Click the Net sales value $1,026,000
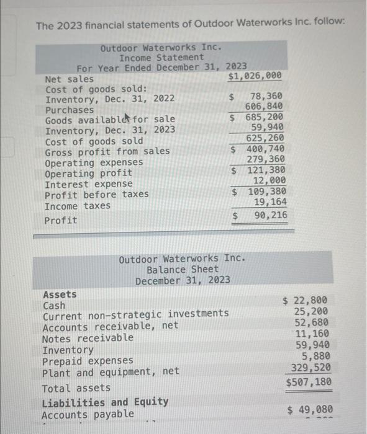click(255, 76)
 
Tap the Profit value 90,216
click(270, 215)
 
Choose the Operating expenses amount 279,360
click(266, 159)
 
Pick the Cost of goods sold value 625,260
click(266, 138)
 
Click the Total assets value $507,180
click(309, 383)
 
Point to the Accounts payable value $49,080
click(310, 409)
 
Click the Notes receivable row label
click(88, 338)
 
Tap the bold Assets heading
click(60, 294)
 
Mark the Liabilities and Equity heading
click(105, 402)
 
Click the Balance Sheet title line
click(183, 269)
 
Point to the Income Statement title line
click(161, 57)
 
